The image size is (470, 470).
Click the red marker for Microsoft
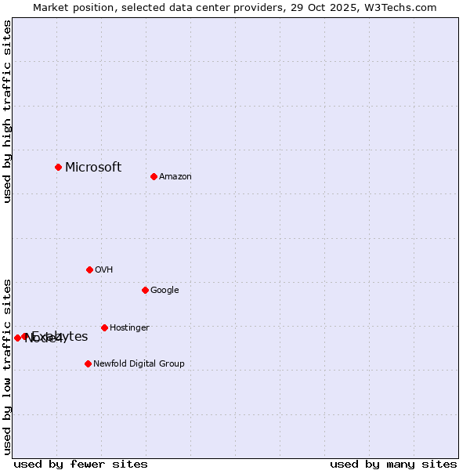coord(58,167)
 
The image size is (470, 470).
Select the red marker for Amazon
coord(154,176)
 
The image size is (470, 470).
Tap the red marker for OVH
coord(89,269)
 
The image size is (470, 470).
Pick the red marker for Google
coord(145,290)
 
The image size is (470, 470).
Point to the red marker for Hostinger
coord(104,327)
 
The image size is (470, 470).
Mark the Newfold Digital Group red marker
coord(88,363)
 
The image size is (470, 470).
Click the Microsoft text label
coord(93,167)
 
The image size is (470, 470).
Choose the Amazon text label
coord(175,177)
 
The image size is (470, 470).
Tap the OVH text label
coord(104,270)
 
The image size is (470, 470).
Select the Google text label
coord(164,291)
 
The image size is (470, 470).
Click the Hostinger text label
coord(129,328)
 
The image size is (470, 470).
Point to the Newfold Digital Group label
coord(139,363)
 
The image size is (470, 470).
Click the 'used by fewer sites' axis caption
coord(81,464)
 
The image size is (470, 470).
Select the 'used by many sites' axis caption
coord(393,464)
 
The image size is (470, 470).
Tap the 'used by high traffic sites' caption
coord(8,111)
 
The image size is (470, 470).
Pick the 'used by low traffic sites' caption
coord(8,367)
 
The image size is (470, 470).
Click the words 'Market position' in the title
coord(68,7)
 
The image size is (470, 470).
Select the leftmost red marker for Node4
coord(17,338)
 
